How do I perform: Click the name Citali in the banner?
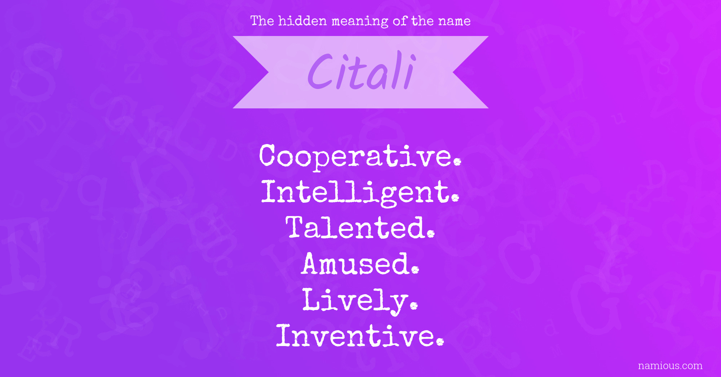(362, 71)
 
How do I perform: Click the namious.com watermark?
(670, 366)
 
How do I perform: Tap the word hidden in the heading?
(302, 21)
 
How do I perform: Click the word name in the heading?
(454, 21)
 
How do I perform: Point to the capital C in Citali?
(320, 71)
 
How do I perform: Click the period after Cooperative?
(457, 162)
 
